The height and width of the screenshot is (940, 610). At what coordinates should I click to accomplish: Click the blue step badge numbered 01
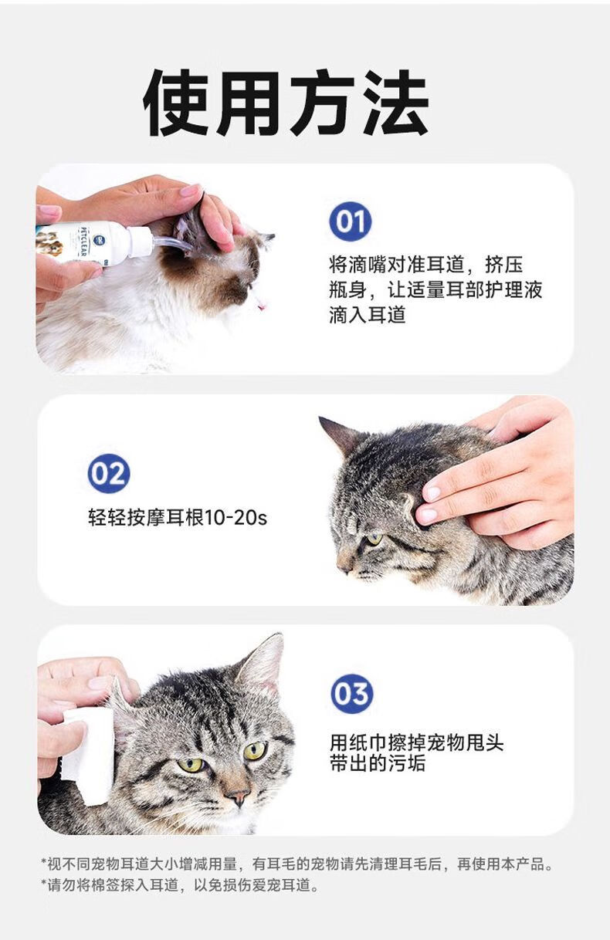coord(350,221)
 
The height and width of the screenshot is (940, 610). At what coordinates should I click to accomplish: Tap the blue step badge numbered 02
coord(109,473)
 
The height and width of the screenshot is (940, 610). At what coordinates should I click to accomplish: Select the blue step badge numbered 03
coord(352,694)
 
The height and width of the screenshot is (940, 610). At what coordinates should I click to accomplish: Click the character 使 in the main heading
coord(177,103)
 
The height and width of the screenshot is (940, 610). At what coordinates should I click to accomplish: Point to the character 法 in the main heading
coord(396,103)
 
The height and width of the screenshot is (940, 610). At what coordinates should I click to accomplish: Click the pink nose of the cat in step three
coord(238,796)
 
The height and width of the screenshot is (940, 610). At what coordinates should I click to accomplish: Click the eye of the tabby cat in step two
coord(373,539)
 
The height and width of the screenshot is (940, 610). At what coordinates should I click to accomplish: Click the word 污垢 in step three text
coord(406,763)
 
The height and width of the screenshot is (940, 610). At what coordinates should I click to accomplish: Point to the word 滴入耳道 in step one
coord(368,315)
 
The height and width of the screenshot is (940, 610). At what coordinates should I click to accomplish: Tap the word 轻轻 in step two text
coord(107,517)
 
